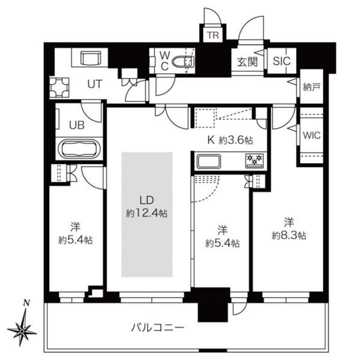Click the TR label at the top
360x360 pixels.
[x=214, y=35]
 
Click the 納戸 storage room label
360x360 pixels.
[x=311, y=87]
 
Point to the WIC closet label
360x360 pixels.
[x=311, y=135]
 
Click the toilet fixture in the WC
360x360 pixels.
[x=183, y=62]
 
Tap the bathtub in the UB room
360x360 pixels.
[x=80, y=149]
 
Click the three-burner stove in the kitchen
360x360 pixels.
[x=255, y=160]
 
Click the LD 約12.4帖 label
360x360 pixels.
[x=146, y=207]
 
